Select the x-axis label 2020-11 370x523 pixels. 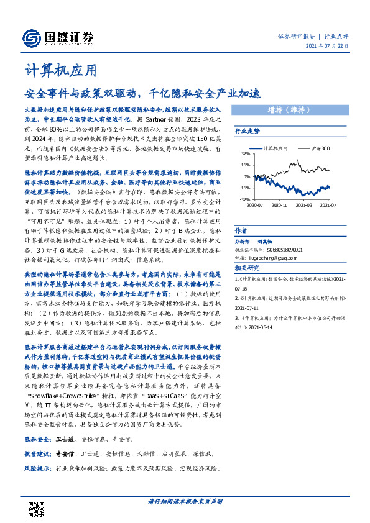279,204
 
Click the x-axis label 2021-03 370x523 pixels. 304,204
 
